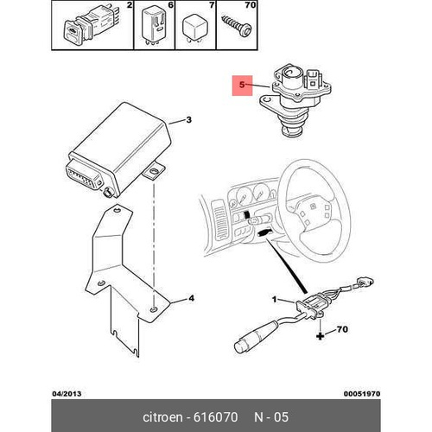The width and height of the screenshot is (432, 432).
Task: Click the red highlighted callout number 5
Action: pos(242,85)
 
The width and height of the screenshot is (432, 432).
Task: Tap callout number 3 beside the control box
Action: pos(188,119)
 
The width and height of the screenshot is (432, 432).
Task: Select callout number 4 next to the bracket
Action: pos(191,298)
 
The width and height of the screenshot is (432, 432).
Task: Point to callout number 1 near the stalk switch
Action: pos(275,300)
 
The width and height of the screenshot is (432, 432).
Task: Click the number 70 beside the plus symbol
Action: pos(342,329)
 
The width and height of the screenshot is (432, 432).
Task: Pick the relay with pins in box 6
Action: pos(155,25)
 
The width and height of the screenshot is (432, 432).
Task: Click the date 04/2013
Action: pos(67,394)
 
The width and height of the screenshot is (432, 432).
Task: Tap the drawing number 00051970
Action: pos(362,394)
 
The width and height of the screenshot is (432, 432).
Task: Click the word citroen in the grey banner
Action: pos(162,417)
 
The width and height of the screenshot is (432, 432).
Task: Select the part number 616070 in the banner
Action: pos(216,417)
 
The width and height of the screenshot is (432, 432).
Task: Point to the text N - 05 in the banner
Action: pos(271,417)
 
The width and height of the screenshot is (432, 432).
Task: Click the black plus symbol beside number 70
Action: pos(321,336)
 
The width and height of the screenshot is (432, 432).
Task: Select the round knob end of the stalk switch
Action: pos(240,346)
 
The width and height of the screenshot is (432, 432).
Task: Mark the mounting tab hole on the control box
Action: pos(154,172)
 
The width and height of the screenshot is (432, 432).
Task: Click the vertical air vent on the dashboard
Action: pos(219,220)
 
